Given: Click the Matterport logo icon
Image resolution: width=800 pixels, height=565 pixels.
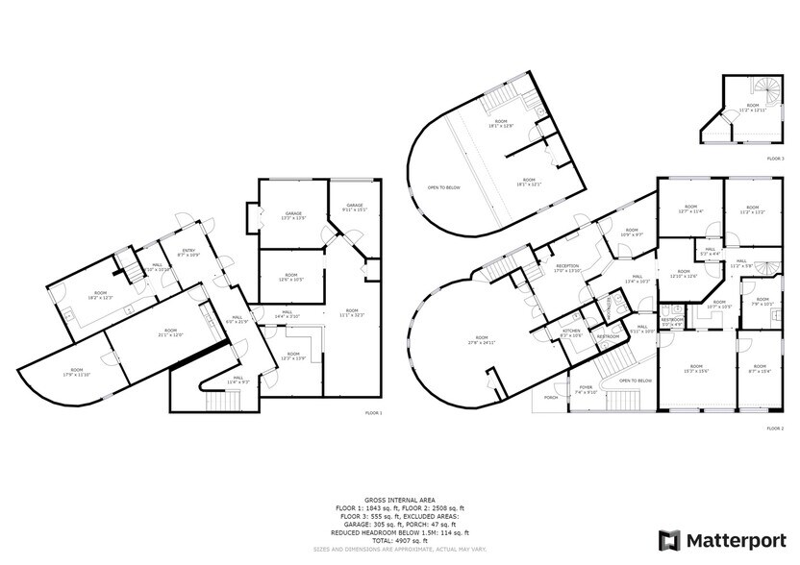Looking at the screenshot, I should pyautogui.click(x=669, y=539).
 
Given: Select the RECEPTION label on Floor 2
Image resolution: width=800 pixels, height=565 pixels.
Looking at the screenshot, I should pyautogui.click(x=566, y=268).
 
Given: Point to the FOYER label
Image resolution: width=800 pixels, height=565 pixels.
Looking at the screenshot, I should pyautogui.click(x=586, y=390).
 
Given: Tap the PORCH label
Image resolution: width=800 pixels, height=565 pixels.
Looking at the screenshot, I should pyautogui.click(x=552, y=396).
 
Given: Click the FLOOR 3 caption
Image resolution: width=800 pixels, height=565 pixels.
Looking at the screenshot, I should pyautogui.click(x=775, y=158).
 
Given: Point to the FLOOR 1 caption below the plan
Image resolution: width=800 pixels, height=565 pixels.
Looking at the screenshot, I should pyautogui.click(x=373, y=412).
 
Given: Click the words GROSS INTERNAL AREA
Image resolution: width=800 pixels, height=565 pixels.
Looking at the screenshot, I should pyautogui.click(x=398, y=501).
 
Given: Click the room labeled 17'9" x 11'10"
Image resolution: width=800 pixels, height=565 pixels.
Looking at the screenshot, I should pyautogui.click(x=76, y=371).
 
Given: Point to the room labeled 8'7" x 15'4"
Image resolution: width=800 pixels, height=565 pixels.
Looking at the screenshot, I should pyautogui.click(x=761, y=368).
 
